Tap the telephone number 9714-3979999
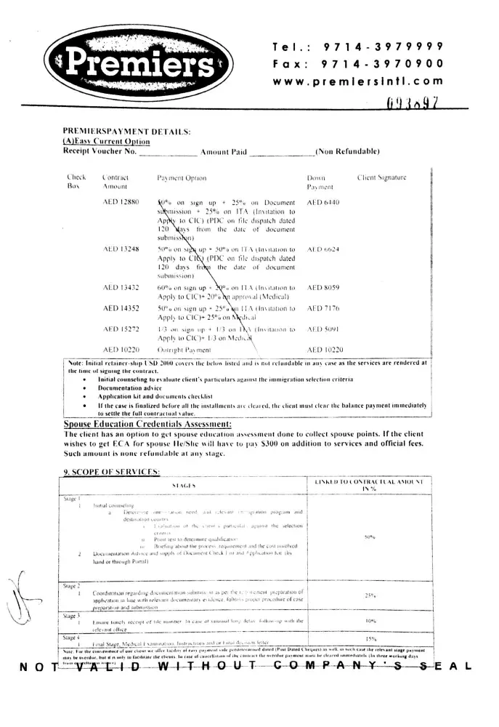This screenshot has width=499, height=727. click(x=383, y=47)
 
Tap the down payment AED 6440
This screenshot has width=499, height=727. click(x=323, y=201)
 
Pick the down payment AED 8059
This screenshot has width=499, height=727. click(x=323, y=288)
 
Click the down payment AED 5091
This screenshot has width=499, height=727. click(x=323, y=329)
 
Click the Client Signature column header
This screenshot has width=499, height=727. click(x=381, y=177)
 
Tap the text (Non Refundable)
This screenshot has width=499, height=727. click(x=347, y=151)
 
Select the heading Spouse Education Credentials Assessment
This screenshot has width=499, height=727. click(x=147, y=424)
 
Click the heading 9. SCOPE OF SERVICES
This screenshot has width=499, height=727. click(x=110, y=473)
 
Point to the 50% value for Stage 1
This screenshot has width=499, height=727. click(x=369, y=537)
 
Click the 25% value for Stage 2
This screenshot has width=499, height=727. click(x=369, y=595)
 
